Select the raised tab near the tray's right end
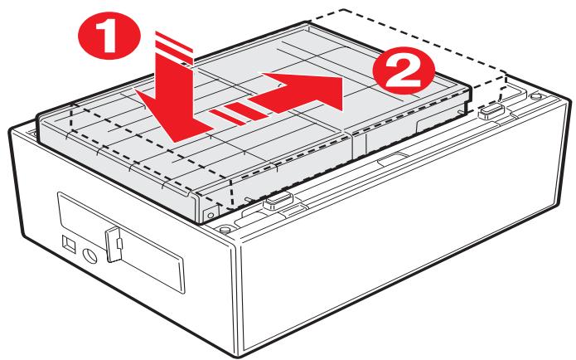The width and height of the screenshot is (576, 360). click(489, 108)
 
